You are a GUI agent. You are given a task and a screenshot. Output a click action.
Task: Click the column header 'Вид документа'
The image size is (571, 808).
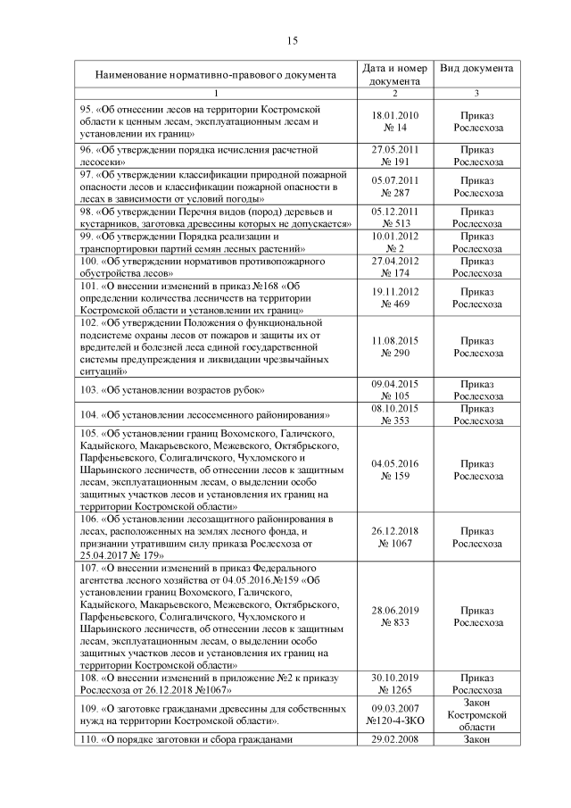(x=476, y=69)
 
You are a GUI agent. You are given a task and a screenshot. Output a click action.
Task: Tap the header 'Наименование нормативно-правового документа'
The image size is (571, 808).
(x=215, y=75)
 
